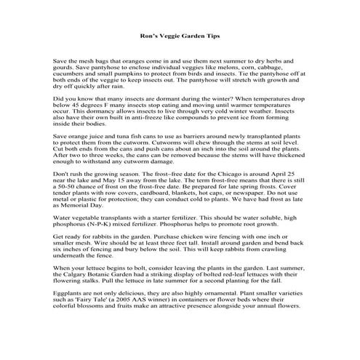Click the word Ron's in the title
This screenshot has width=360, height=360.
tap(148, 34)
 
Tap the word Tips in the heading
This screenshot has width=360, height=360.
tap(211, 34)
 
